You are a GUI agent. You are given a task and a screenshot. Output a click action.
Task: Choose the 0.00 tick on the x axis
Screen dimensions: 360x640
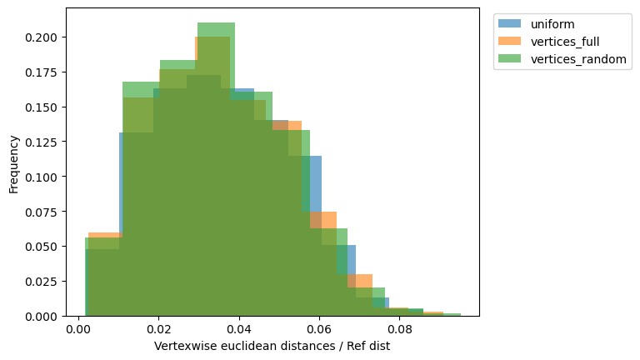(79, 330)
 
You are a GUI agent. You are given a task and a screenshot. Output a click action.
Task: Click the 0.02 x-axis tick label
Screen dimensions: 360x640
(159, 330)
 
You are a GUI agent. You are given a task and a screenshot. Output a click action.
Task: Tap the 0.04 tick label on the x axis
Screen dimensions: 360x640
(239, 330)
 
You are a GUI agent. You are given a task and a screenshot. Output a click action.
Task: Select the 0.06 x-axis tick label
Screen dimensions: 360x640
(319, 330)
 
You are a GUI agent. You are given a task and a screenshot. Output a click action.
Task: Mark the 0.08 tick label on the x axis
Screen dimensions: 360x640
(399, 330)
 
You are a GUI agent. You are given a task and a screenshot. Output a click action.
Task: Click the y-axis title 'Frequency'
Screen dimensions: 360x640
(13, 162)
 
